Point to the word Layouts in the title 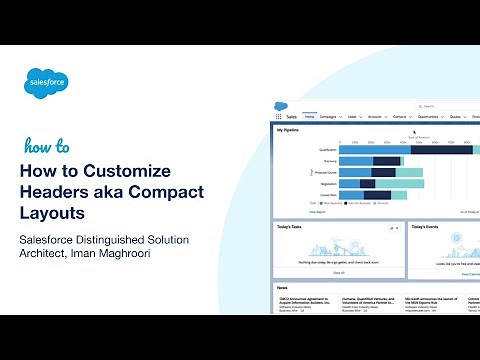53,212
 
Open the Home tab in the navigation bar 310,117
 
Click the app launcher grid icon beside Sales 279,117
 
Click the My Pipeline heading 289,130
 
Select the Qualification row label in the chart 326,149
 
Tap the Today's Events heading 427,227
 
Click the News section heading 282,288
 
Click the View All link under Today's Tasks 339,272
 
